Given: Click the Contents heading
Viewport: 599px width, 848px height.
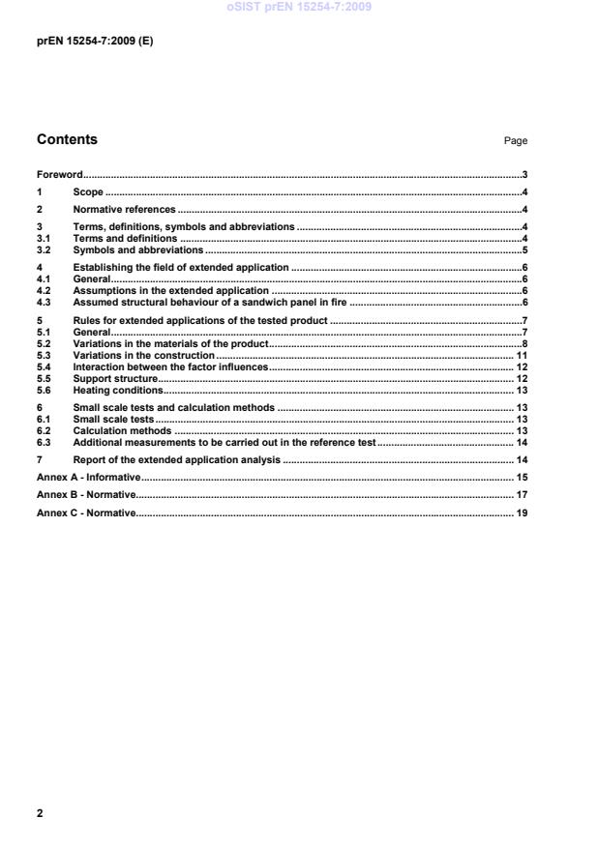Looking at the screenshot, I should [67, 139].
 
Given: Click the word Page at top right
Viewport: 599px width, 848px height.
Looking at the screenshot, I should [515, 141].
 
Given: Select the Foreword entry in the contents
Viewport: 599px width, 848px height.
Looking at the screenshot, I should [59, 175].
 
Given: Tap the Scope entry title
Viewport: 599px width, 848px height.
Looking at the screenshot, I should [88, 192].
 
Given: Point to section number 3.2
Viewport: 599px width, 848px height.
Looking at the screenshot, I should [43, 249].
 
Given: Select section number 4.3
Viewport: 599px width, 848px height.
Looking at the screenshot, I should [43, 302].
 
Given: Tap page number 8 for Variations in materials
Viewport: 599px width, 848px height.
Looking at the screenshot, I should [524, 343].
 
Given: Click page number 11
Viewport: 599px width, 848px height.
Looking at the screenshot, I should [521, 355].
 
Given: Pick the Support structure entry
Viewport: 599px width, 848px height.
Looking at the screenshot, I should [115, 378].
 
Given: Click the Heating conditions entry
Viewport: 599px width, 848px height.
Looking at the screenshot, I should [117, 390].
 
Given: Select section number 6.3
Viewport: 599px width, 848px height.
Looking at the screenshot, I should [43, 442].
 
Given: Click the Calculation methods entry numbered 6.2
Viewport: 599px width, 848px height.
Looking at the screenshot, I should [122, 430].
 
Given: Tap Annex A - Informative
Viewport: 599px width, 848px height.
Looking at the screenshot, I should [88, 478].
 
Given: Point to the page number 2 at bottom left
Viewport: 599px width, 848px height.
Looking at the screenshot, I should [40, 813].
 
